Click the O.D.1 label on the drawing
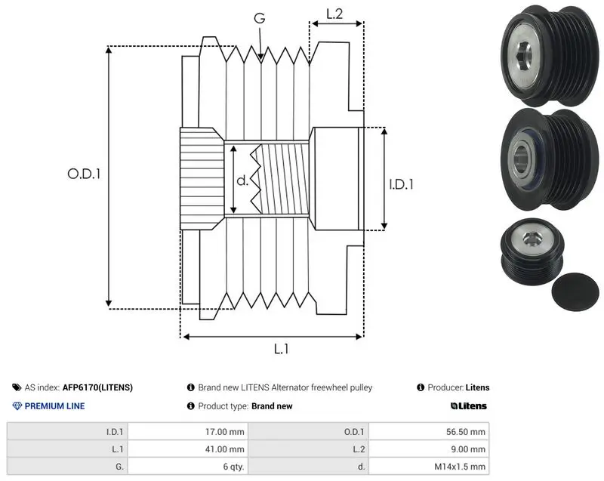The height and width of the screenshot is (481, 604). pos(84,174)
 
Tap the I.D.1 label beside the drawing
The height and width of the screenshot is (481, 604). pos(402,184)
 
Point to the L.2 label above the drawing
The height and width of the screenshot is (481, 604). pos(334,14)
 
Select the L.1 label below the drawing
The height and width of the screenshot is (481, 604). pos(281,349)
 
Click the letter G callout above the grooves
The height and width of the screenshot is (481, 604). pos(260,17)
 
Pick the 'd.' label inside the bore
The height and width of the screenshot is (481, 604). pos(242,180)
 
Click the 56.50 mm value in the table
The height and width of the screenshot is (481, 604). pos(466,432)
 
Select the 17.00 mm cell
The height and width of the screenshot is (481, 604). pos(224,432)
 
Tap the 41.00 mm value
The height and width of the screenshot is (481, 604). pos(224,449)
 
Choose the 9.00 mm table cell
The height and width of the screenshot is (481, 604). pos(468,449)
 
